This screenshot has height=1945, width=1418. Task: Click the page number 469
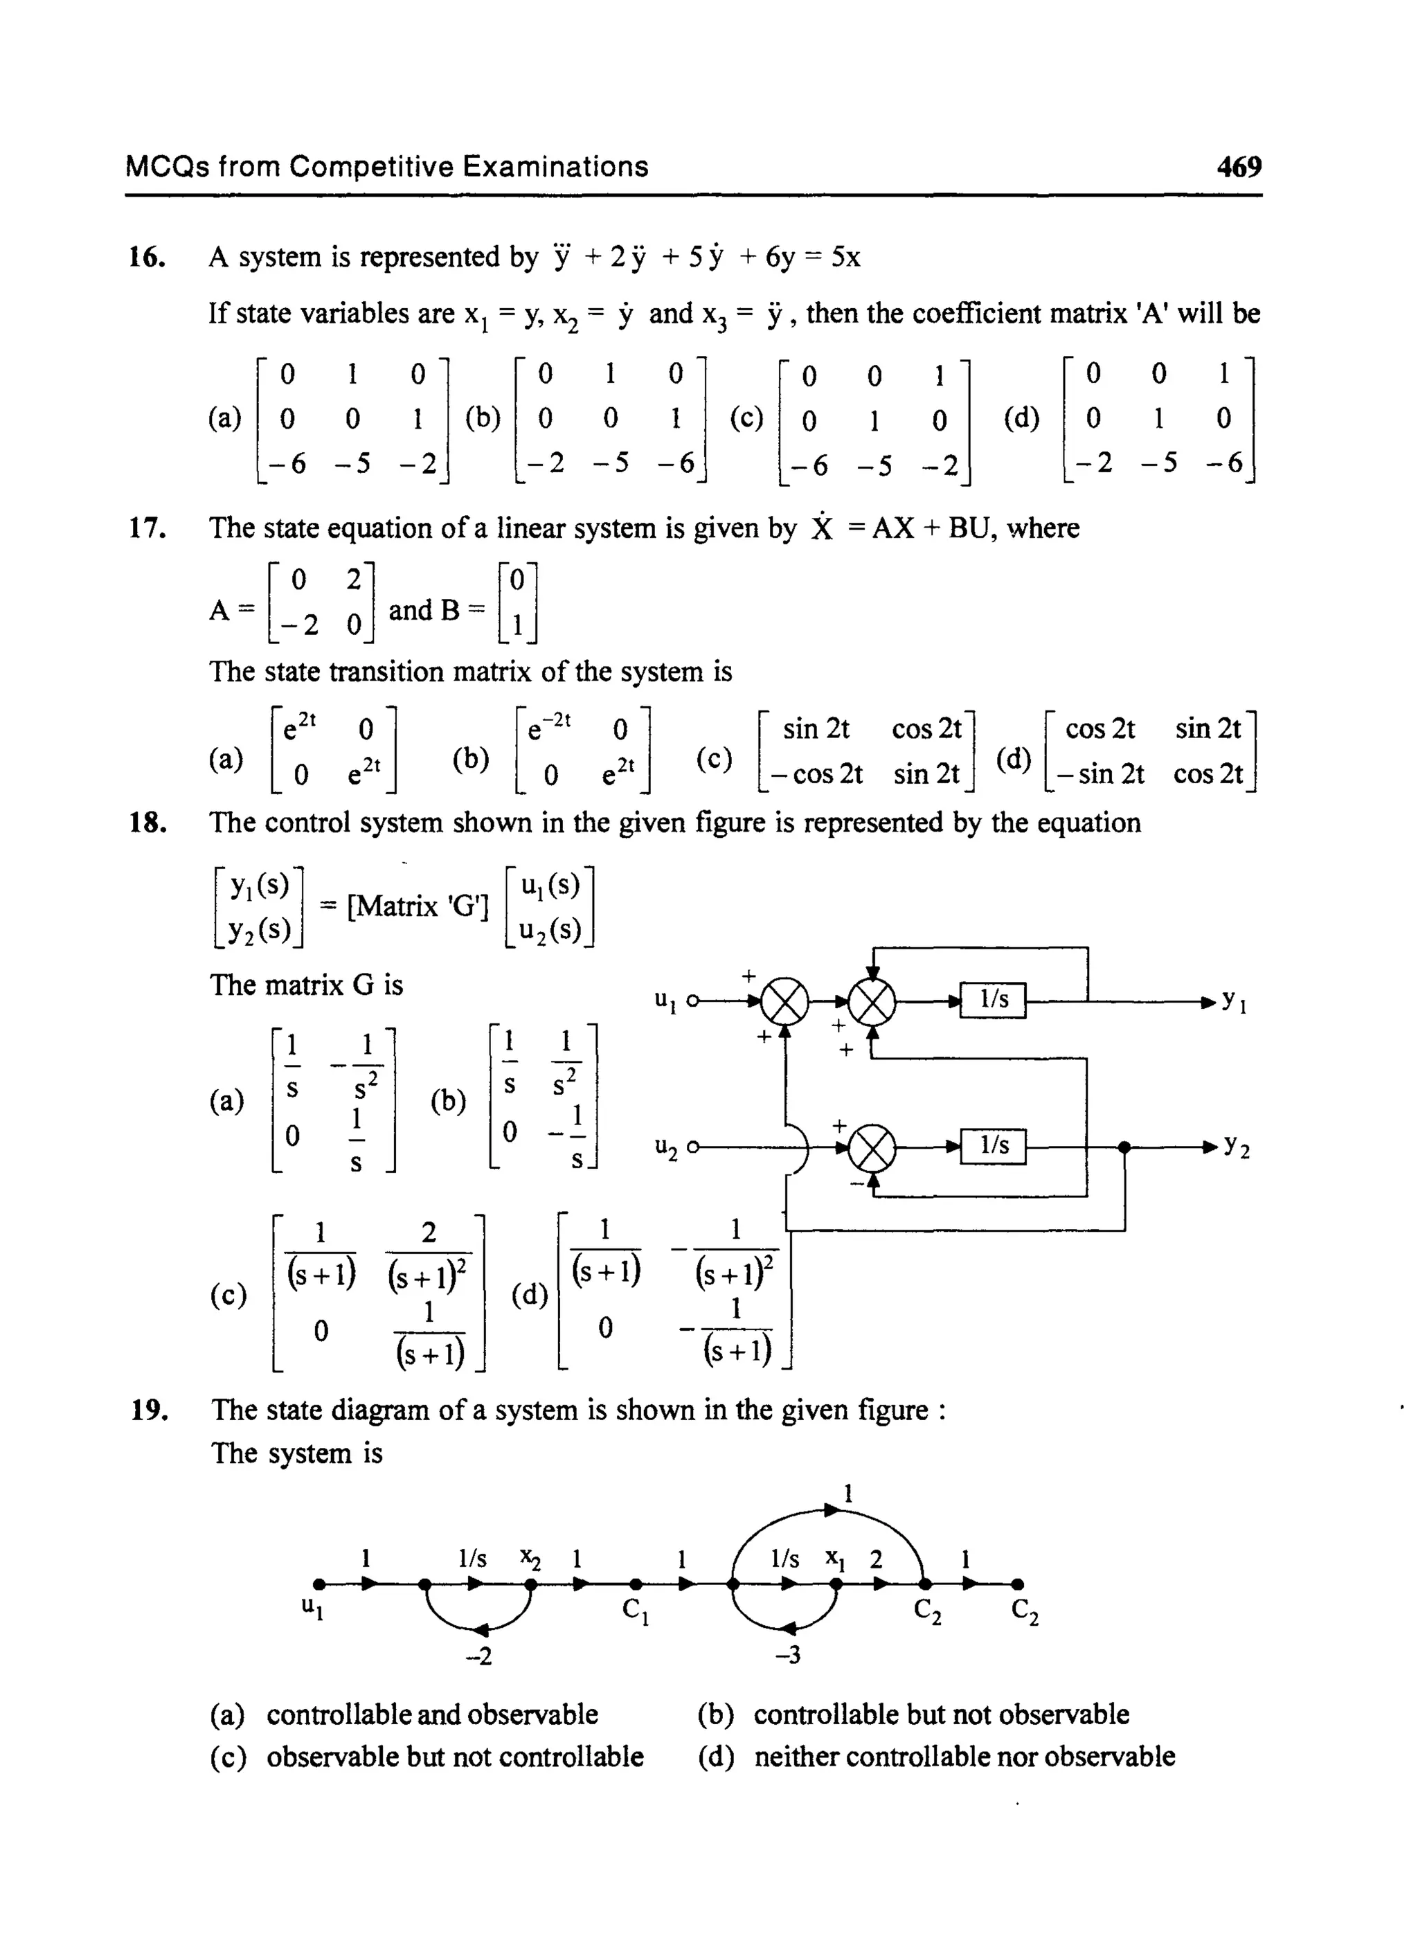click(1239, 165)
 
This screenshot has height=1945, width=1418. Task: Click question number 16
click(147, 258)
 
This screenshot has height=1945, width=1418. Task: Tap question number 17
click(147, 528)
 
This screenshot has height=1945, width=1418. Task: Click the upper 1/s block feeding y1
click(993, 999)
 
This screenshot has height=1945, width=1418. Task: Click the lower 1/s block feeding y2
click(993, 1145)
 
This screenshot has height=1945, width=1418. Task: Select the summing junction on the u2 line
click(871, 1147)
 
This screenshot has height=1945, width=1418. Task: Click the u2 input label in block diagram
click(666, 1147)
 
